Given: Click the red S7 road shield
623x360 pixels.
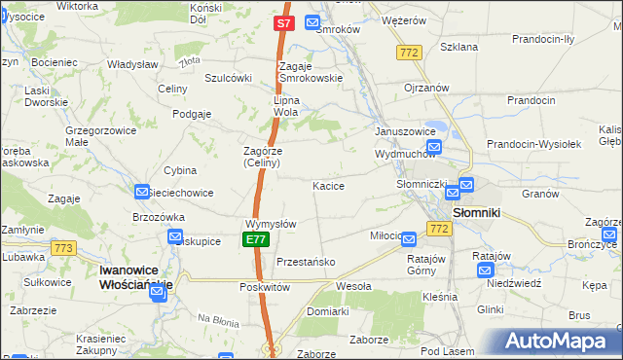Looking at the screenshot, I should [282, 22].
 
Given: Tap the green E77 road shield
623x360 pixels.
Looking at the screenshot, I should [255, 239].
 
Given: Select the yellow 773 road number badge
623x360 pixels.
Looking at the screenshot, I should [64, 248].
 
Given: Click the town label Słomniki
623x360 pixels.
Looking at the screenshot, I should [476, 212].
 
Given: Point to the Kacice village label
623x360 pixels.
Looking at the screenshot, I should [328, 185].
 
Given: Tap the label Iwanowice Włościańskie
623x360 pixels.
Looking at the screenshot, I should [136, 276].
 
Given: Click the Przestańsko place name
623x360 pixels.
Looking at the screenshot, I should [306, 262].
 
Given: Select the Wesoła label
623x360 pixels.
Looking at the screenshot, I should [353, 287].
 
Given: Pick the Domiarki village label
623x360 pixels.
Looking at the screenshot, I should [327, 311].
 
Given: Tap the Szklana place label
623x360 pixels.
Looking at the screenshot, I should [458, 47].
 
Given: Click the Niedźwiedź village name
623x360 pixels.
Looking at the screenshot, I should [513, 283].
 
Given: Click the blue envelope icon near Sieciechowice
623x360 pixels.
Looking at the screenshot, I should [142, 193].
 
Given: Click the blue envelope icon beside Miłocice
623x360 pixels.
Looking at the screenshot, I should [409, 238].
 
